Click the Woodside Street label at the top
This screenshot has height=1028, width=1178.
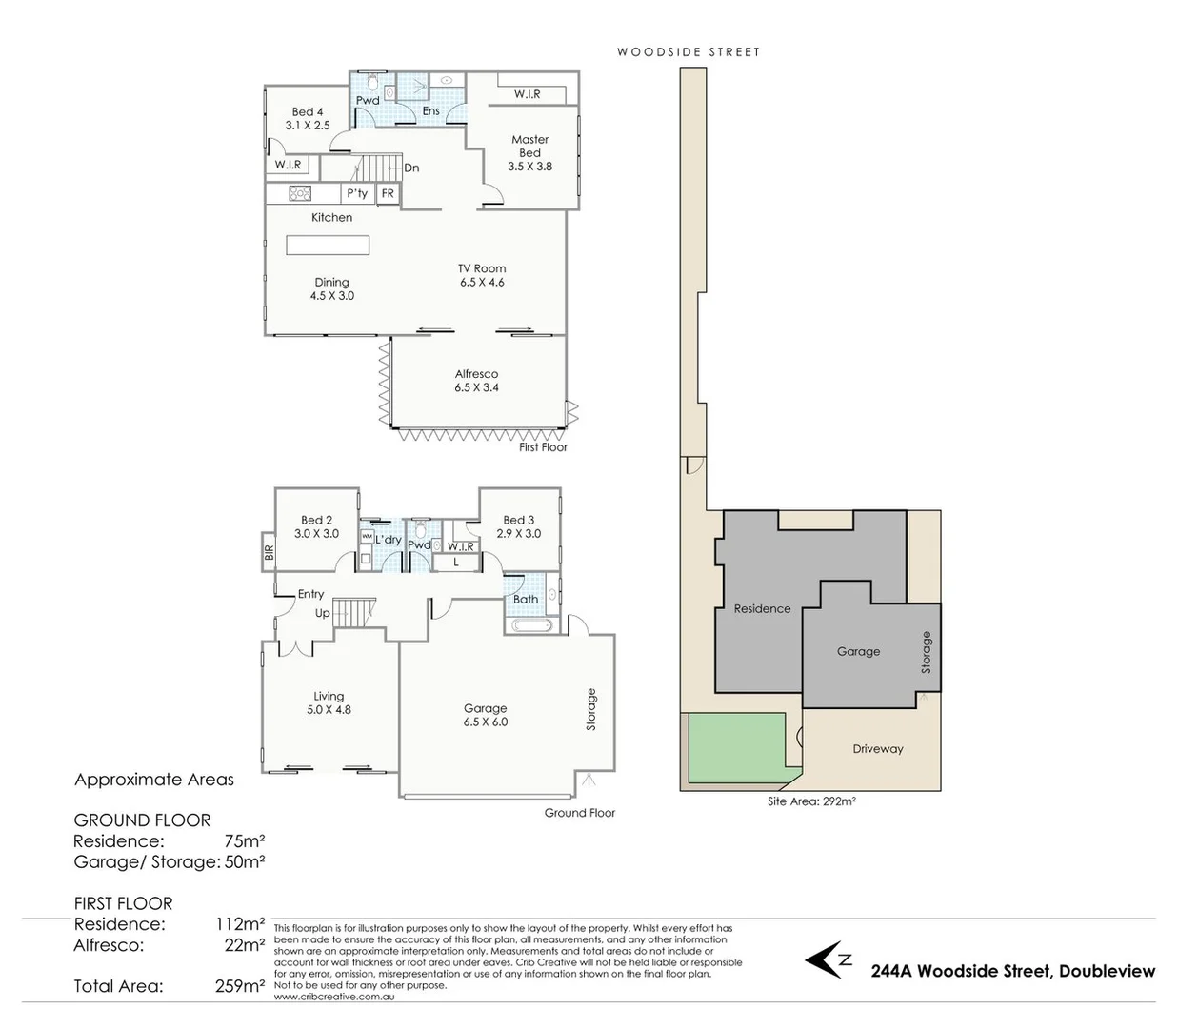pos(689,52)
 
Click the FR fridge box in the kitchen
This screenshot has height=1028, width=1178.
pos(388,193)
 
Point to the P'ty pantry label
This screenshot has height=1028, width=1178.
pos(357,193)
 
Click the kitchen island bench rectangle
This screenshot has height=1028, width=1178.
pos(328,246)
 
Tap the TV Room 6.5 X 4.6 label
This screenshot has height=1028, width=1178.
pos(482,275)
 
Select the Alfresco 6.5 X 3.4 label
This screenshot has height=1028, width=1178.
pos(476,381)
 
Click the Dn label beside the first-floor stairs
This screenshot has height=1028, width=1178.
pos(411,168)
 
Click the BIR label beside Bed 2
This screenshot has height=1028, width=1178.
pos(269,552)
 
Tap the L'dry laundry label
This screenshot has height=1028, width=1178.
pos(388,540)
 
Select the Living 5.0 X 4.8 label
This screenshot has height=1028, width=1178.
pos(329,702)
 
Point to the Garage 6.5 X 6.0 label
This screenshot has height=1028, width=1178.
pos(485,715)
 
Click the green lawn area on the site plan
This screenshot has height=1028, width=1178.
pos(733,749)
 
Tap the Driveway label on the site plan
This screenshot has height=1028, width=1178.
pos(877,749)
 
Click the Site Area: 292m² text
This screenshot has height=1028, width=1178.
pos(811,801)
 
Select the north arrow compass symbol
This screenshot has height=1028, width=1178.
pos(827,959)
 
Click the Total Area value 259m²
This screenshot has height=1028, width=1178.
pos(239,986)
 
